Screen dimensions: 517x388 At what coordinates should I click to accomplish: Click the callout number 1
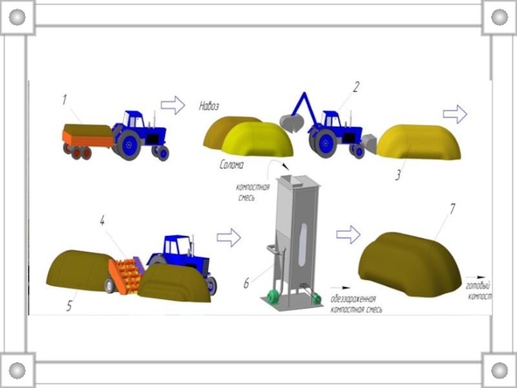65,100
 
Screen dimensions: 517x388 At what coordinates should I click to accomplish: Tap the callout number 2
356,87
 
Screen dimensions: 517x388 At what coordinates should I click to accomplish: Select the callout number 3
398,175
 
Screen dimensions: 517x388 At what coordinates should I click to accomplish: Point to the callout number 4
102,221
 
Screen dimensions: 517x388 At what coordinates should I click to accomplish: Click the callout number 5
69,306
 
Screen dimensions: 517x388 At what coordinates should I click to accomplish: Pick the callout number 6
246,283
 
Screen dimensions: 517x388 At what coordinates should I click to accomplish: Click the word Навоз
209,106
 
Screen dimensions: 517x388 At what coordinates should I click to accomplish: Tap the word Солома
231,165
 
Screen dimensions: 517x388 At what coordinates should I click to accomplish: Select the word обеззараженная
353,299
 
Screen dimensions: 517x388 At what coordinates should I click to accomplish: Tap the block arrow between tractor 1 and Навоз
173,105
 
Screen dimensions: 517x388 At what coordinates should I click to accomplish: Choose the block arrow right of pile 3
455,114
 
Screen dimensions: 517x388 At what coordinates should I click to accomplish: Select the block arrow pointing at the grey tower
229,237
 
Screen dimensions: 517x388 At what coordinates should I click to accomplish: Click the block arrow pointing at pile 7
348,235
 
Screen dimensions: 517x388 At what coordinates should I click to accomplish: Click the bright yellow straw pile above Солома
257,139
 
